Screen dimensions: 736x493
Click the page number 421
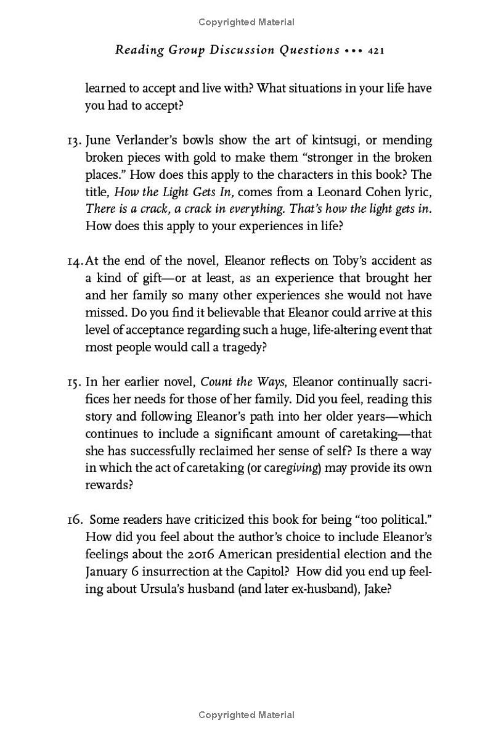pyautogui.click(x=376, y=51)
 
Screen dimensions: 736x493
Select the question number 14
pyautogui.click(x=75, y=260)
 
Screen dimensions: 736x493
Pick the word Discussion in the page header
pyautogui.click(x=235, y=51)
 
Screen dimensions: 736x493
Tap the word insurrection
pyautogui.click(x=176, y=572)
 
